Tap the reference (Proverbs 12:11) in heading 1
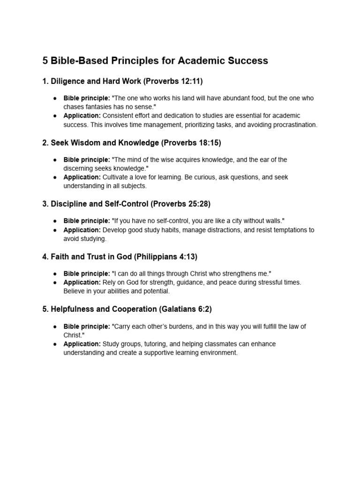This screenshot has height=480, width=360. tap(173, 81)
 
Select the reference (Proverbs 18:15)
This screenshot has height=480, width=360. tap(191, 142)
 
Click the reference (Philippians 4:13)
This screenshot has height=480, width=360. tap(166, 256)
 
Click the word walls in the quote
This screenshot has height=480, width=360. tap(273, 221)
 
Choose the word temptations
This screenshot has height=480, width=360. tap(287, 230)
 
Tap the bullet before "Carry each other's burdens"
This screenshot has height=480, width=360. tap(55, 326)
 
